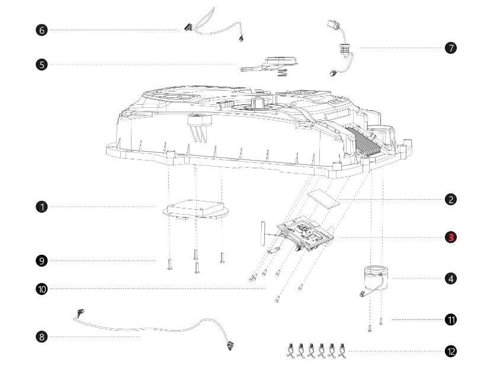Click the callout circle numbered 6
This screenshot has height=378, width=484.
tap(41, 30)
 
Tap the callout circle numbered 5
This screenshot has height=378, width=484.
tap(41, 65)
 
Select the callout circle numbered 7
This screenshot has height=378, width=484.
tap(451, 48)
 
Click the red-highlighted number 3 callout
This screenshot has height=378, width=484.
tap(451, 237)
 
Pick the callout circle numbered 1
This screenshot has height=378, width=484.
tap(41, 207)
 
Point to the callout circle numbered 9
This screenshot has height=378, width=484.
tap(41, 261)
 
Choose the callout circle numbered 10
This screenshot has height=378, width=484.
tap(41, 289)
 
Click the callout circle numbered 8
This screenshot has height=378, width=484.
tap(41, 337)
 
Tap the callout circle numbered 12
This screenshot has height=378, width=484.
tap(451, 351)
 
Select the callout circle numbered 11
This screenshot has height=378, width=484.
tap(451, 319)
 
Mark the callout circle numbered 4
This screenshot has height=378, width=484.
tap(451, 278)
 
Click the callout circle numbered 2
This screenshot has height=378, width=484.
tap(451, 199)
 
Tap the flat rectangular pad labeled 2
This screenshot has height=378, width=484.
tap(323, 198)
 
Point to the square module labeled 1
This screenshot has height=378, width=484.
tap(195, 209)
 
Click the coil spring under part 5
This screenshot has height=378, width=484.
tap(282, 73)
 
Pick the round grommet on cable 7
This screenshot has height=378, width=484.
tap(343, 48)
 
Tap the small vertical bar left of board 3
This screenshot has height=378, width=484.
tap(263, 233)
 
